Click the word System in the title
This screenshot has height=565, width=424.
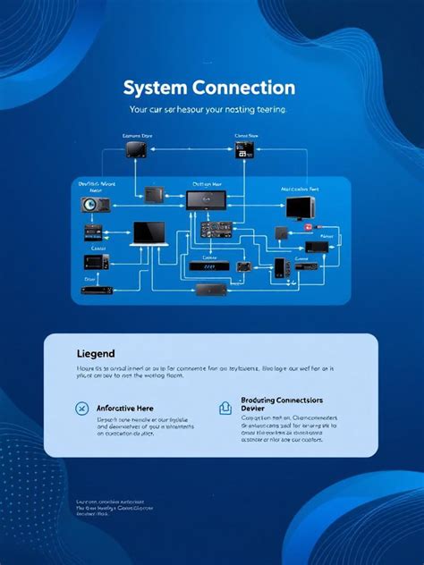tap(154, 89)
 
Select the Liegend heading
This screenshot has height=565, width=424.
tap(96, 355)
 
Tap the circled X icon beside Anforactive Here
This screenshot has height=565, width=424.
tap(81, 409)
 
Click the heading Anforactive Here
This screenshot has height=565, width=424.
tap(125, 409)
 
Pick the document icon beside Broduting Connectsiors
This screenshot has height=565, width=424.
tap(224, 409)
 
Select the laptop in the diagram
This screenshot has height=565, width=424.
tap(148, 233)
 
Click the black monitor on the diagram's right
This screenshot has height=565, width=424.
tap(299, 209)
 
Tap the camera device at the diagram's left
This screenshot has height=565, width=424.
tap(95, 205)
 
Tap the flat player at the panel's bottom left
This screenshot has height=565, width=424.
tap(96, 290)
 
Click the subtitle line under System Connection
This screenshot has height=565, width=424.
tap(208, 110)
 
